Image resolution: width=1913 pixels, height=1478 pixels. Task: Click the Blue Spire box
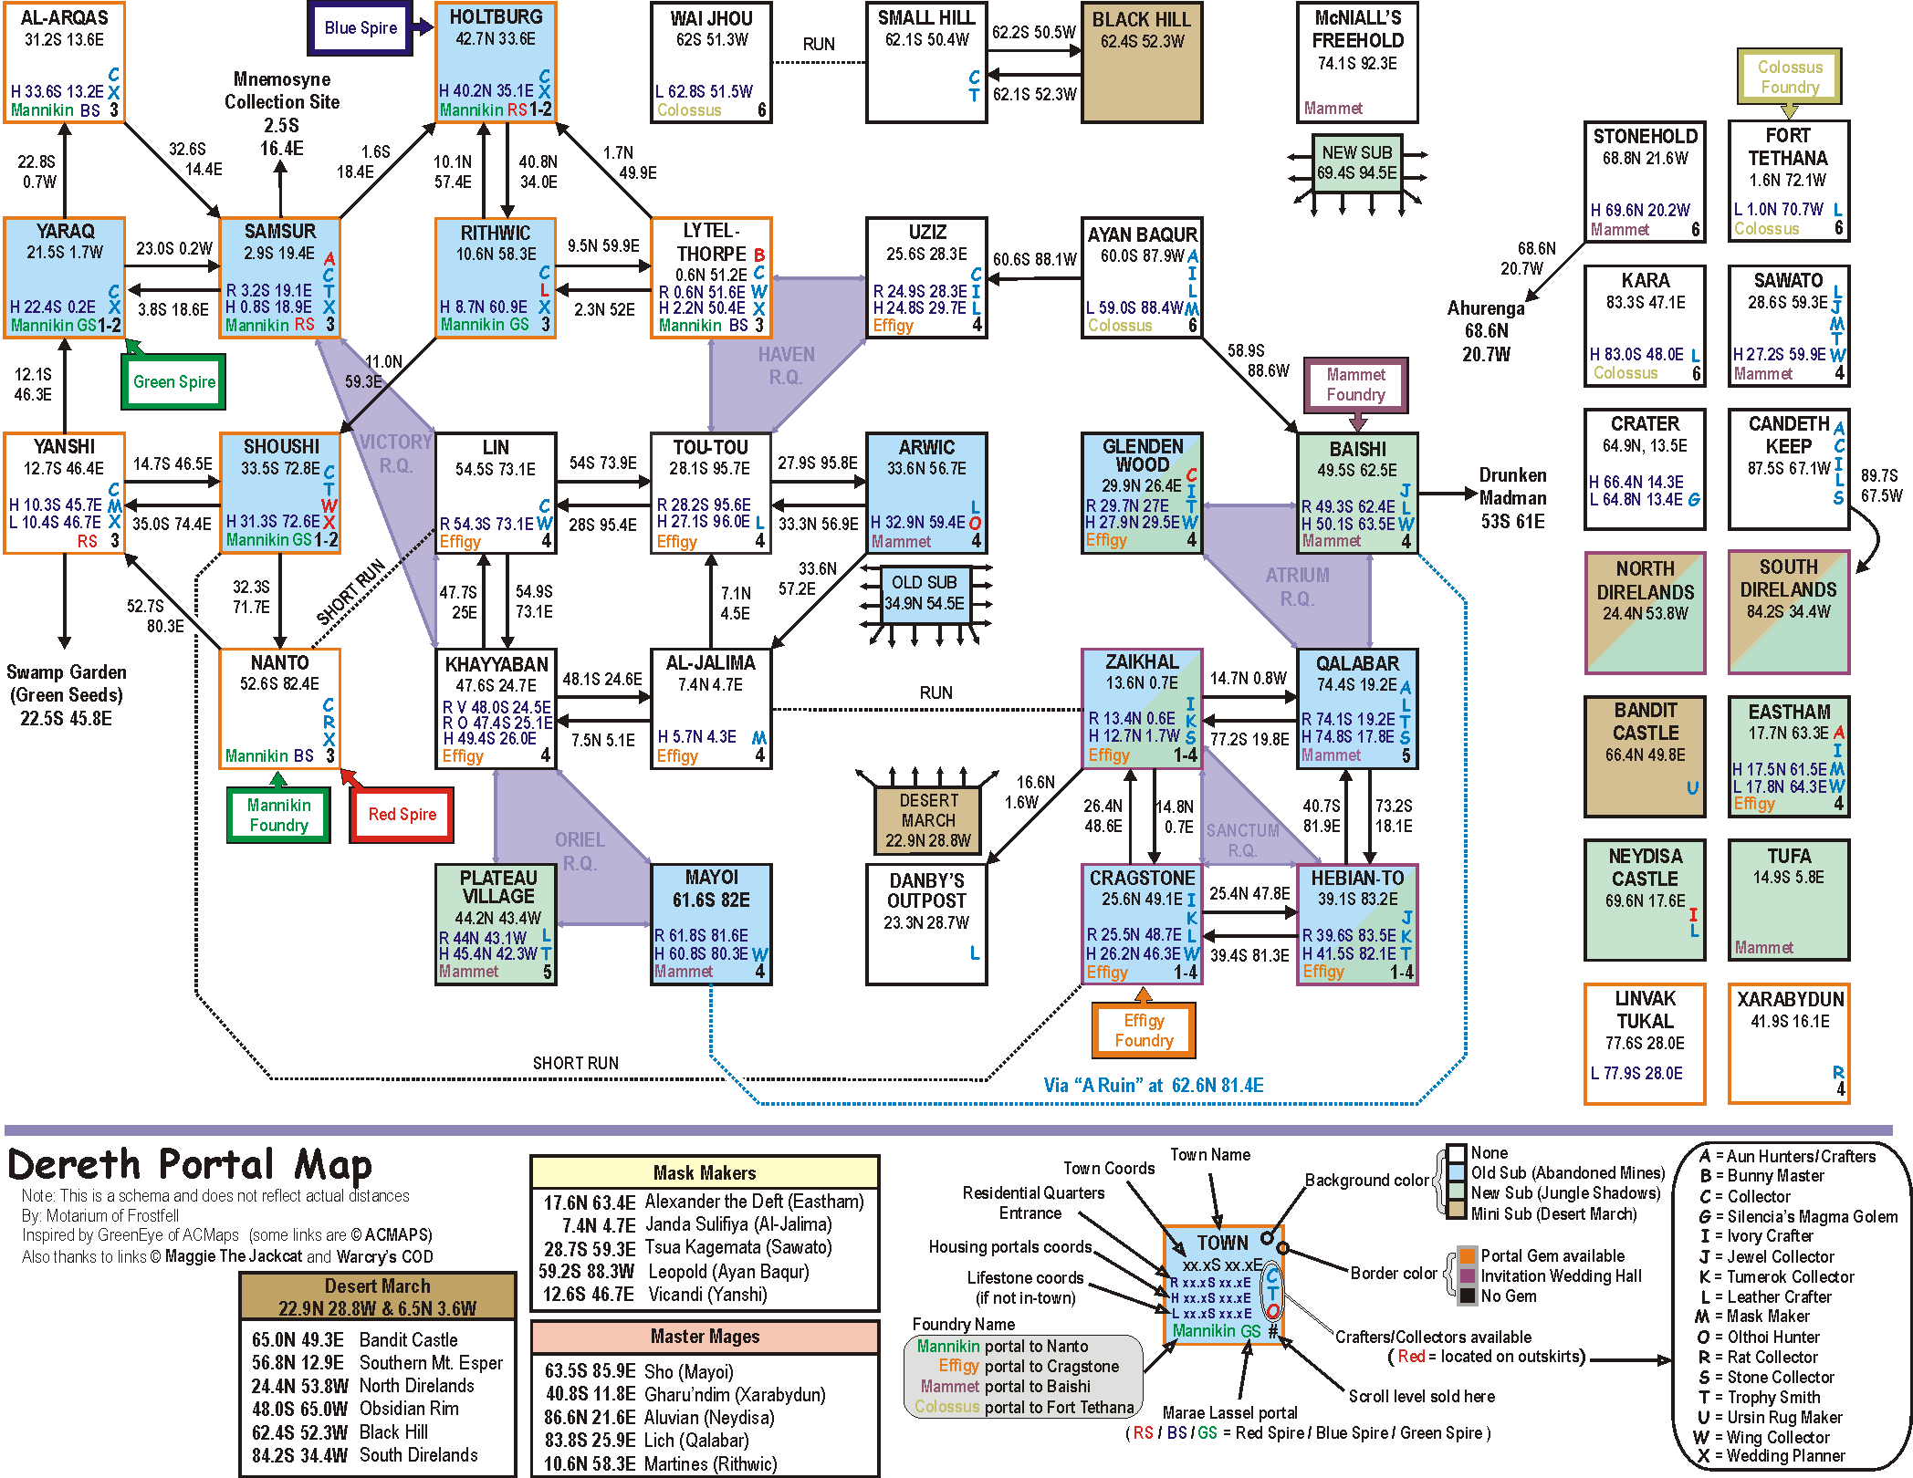tap(361, 28)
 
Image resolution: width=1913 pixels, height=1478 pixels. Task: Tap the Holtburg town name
tap(496, 17)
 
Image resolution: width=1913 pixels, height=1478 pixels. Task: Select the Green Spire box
tap(173, 382)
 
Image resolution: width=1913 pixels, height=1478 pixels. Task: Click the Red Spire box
tap(402, 815)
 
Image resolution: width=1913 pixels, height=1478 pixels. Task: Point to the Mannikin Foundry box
tap(278, 816)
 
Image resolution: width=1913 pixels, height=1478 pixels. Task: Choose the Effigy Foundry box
tap(1144, 1031)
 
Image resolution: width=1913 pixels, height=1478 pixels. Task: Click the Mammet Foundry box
tap(1355, 385)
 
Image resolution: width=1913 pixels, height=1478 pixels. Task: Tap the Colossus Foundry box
tap(1789, 78)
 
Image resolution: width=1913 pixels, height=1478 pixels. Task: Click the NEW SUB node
tap(1357, 163)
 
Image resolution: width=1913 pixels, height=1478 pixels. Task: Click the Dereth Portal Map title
tap(190, 1165)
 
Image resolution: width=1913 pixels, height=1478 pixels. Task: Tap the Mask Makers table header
tap(705, 1173)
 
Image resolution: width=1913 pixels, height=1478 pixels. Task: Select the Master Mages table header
tap(705, 1337)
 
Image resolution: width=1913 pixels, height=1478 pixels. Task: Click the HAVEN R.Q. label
tap(786, 366)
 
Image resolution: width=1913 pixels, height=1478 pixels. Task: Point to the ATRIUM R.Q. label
tap(1297, 587)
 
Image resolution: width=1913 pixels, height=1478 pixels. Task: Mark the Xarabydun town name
tap(1790, 999)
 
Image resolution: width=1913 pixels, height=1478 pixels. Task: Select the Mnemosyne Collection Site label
tap(282, 90)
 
